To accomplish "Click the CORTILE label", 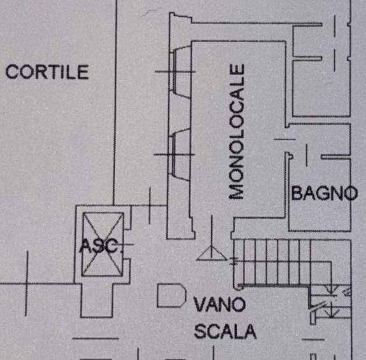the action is click(x=47, y=72).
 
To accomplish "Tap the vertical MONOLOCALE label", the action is click(x=237, y=132).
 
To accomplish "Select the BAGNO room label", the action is click(x=325, y=193).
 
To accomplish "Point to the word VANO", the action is click(x=220, y=305).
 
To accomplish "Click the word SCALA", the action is click(x=225, y=331).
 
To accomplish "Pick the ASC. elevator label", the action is click(x=101, y=246).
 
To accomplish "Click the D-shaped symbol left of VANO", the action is click(x=172, y=295).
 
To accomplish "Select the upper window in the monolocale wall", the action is click(x=180, y=71).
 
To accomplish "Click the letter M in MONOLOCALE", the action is click(x=237, y=191).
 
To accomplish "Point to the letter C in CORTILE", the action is click(x=12, y=72).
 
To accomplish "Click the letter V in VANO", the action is click(x=201, y=305).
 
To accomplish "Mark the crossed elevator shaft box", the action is click(x=102, y=244).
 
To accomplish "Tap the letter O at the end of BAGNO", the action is click(x=351, y=194).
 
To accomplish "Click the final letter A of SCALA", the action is click(x=250, y=331).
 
